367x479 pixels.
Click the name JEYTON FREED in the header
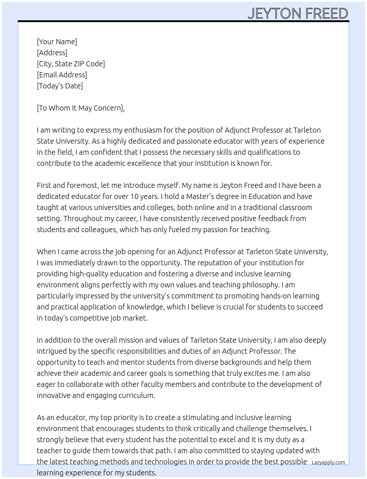298,14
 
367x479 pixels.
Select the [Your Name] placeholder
57,42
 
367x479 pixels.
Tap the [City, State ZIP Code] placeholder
71,64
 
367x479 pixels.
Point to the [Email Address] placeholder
62,75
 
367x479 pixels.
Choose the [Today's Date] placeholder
60,86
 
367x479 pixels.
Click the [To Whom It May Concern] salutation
80,108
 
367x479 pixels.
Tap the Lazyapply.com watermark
328,462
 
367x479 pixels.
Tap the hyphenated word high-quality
91,274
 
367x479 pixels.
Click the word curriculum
136,395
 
